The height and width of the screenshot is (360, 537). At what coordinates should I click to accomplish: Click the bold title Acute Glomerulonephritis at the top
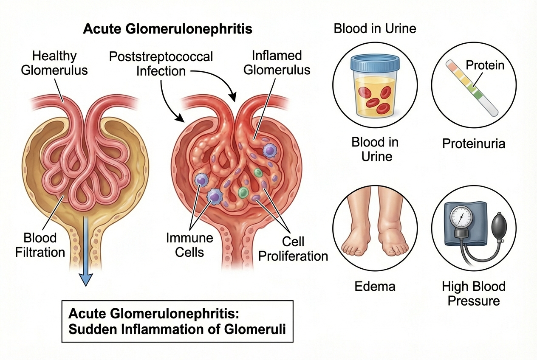pyautogui.click(x=167, y=29)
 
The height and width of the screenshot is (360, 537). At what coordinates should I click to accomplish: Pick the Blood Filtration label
pyautogui.click(x=40, y=245)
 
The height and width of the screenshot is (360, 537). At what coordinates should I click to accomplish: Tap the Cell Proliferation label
pyautogui.click(x=293, y=249)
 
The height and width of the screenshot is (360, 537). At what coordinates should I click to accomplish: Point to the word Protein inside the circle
pyautogui.click(x=485, y=65)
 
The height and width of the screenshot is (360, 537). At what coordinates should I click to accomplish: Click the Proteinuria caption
pyautogui.click(x=474, y=143)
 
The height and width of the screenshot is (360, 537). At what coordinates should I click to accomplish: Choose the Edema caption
pyautogui.click(x=375, y=286)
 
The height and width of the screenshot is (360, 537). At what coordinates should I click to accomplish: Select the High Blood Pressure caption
pyautogui.click(x=474, y=293)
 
